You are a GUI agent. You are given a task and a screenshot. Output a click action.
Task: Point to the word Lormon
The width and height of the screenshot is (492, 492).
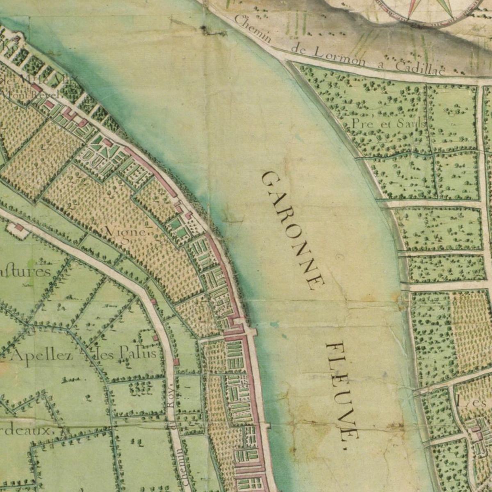point(328,56)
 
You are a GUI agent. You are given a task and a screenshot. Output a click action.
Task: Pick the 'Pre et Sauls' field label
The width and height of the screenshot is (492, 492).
point(387,123)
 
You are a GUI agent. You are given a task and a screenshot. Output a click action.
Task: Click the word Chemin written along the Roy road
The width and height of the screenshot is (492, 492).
point(180,467)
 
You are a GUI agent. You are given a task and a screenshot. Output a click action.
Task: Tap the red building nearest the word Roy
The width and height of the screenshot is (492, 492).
point(176,362)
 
